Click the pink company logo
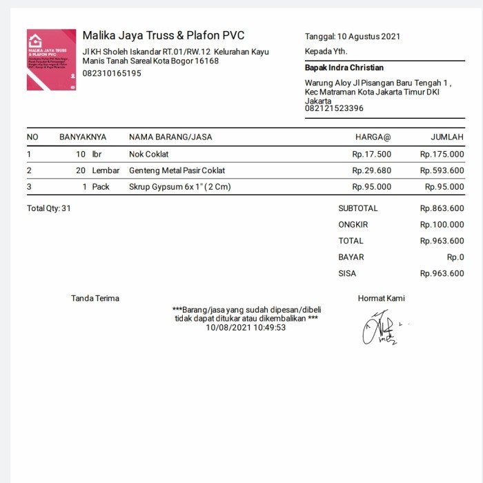click(x=52, y=60)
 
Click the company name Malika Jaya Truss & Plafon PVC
click(x=163, y=36)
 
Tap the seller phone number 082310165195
click(x=112, y=73)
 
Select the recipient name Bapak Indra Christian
click(x=344, y=68)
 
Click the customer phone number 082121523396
click(x=334, y=108)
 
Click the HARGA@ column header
click(x=373, y=137)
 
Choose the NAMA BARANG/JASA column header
click(x=170, y=137)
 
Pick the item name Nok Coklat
click(x=148, y=155)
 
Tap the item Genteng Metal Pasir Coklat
click(x=177, y=170)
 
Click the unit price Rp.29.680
click(x=371, y=170)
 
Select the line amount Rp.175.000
click(x=442, y=155)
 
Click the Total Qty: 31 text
click(x=49, y=208)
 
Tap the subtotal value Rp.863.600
click(x=442, y=208)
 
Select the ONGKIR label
click(x=353, y=224)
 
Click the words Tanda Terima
click(x=95, y=298)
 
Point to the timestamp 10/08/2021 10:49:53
click(x=246, y=327)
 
